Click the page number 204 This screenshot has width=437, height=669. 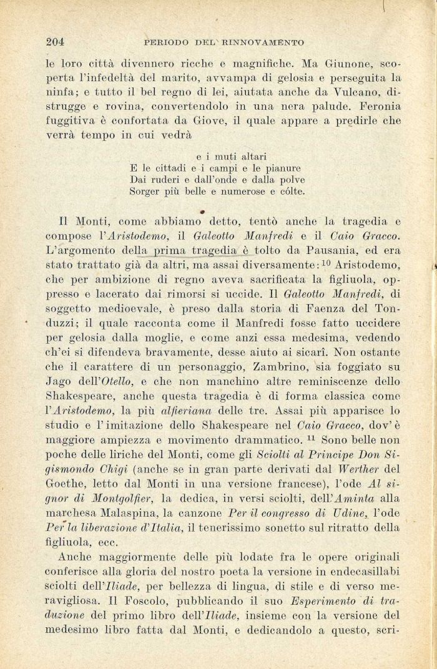click(56, 42)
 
